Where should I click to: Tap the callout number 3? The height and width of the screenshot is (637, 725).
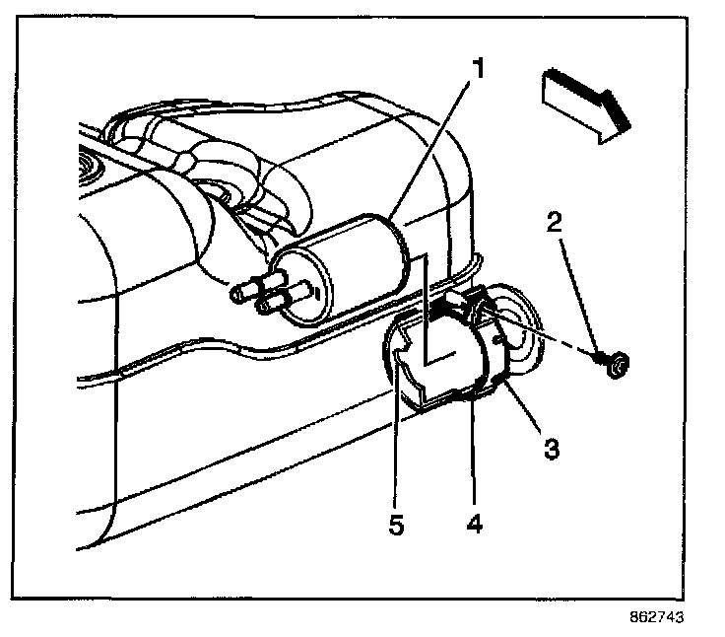[x=553, y=449]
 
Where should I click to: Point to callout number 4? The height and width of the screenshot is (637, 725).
[x=474, y=522]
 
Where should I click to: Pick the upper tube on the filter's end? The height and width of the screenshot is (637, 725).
[x=248, y=290]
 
